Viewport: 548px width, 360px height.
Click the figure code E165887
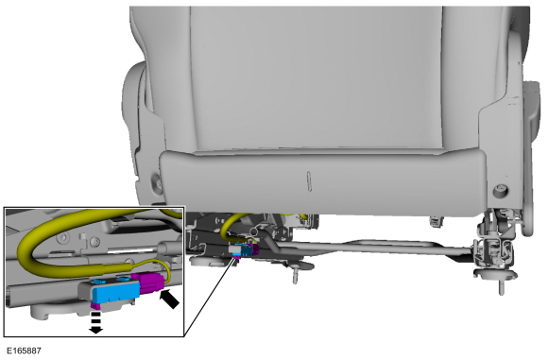coord(24,351)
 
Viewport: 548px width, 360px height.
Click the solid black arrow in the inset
coord(169,299)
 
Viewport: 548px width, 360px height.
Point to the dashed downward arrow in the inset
coord(95,322)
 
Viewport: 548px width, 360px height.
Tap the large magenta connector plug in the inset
coord(148,283)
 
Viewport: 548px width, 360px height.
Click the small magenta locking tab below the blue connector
coord(94,306)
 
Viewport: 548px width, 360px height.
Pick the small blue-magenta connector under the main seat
coord(246,250)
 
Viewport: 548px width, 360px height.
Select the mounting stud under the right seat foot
coord(501,287)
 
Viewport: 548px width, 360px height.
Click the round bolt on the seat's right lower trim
coord(501,191)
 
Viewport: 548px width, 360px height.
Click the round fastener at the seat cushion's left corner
coord(156,181)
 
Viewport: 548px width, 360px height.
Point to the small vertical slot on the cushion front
coord(309,181)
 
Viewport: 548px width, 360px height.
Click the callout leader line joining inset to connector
coord(209,297)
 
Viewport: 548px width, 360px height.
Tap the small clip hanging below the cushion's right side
coord(436,220)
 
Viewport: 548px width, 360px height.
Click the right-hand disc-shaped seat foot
coord(495,274)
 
